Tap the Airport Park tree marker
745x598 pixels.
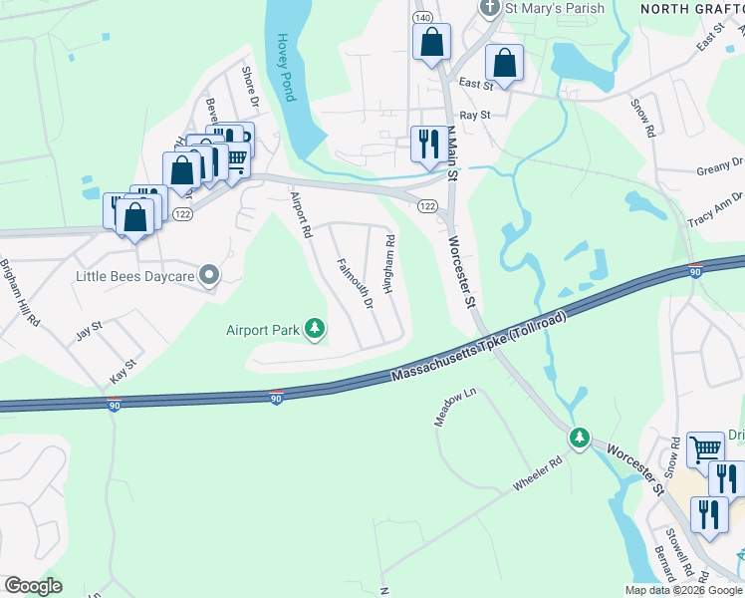pyautogui.click(x=315, y=328)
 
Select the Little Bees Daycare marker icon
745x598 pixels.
pyautogui.click(x=209, y=274)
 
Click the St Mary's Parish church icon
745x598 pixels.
pyautogui.click(x=489, y=9)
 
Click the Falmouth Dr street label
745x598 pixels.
pyautogui.click(x=355, y=284)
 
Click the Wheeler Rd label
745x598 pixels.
pyautogui.click(x=539, y=472)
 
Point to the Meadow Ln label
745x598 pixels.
pyautogui.click(x=443, y=409)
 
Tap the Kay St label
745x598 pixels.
pyautogui.click(x=124, y=374)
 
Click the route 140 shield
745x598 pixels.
pyautogui.click(x=423, y=18)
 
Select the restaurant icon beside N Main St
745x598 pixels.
pyautogui.click(x=429, y=145)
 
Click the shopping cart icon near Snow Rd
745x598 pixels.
pyautogui.click(x=706, y=448)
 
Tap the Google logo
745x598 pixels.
pyautogui.click(x=33, y=586)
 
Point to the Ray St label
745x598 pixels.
pyautogui.click(x=478, y=115)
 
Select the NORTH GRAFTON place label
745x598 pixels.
pyautogui.click(x=691, y=8)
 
